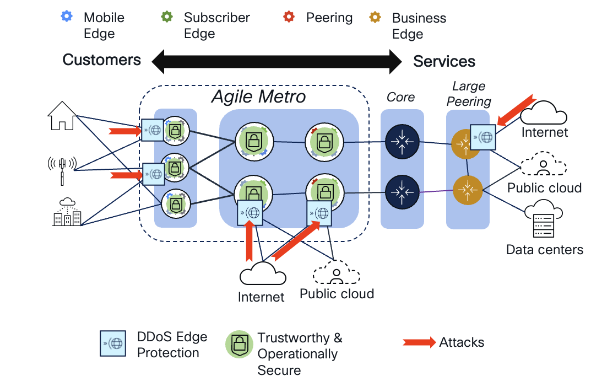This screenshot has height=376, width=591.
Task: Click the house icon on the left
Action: [x=62, y=117]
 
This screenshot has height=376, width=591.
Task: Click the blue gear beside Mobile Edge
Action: [x=67, y=17]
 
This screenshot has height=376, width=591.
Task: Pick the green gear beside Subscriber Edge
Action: [x=167, y=17]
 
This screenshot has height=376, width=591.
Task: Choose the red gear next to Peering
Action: [x=289, y=17]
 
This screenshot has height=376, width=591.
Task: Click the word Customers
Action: [x=102, y=60]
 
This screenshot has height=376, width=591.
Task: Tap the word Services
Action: [x=444, y=61]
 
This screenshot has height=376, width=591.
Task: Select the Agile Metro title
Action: [x=259, y=98]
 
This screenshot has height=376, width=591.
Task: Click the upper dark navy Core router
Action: [x=402, y=142]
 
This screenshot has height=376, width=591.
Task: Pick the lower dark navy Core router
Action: [x=402, y=191]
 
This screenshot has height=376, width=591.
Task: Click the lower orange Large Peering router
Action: [x=468, y=190]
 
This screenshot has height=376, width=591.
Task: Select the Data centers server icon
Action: [x=544, y=220]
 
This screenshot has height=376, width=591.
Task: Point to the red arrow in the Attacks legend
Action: [x=420, y=342]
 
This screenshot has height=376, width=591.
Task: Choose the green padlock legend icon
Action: [x=239, y=345]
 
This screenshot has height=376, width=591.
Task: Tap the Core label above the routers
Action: [x=400, y=97]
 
